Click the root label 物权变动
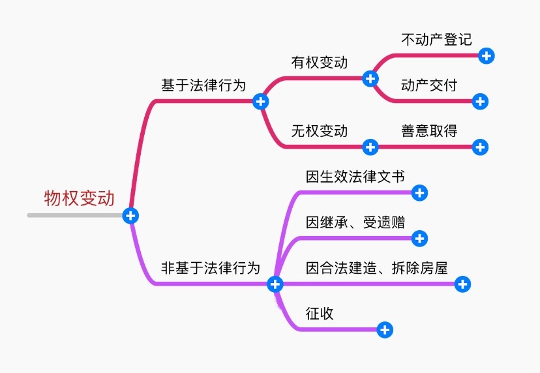tap(79, 198)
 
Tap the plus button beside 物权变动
tap(130, 215)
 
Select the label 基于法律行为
tap(203, 85)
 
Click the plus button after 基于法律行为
tap(260, 101)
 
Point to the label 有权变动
tap(319, 63)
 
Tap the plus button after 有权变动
tap(370, 78)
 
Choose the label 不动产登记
tap(436, 39)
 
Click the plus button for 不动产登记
tap(486, 55)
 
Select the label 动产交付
tap(429, 85)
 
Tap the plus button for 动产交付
tap(480, 101)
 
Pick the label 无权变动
tap(319, 131)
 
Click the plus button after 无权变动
tap(370, 147)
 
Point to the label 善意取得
tap(429, 131)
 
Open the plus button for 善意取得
tap(480, 147)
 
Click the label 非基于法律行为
tap(211, 267)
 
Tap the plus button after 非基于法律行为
tap(275, 284)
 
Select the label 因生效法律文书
tap(355, 176)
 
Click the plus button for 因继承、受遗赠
tap(420, 238)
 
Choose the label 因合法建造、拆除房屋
tap(377, 267)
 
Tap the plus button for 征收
tap(385, 329)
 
